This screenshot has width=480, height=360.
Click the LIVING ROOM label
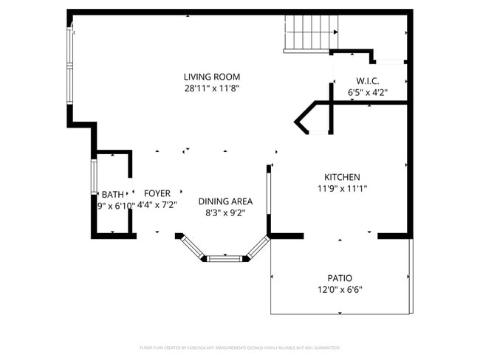212,77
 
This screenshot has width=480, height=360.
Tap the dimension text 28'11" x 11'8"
212,88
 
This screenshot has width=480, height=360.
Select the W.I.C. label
368,81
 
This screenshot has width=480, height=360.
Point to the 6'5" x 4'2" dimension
368,93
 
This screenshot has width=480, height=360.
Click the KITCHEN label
342,177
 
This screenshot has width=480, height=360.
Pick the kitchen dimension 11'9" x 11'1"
342,189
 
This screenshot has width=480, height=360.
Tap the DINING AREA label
225,201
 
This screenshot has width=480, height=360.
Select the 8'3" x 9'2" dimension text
225,213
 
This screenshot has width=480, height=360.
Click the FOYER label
157,193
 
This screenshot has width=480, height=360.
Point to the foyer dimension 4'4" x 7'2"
157,205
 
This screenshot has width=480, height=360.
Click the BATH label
113,195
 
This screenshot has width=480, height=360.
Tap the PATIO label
340,278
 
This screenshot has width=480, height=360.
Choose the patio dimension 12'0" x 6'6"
340,290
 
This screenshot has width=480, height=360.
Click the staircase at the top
311,33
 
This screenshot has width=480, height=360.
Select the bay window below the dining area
224,258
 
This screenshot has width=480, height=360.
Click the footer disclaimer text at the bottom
239,347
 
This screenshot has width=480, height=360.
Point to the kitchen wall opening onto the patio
340,236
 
